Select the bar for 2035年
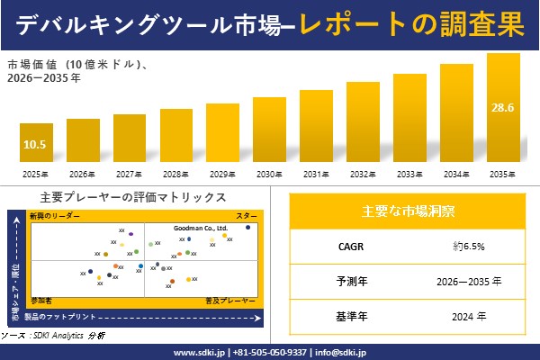coord(503,108)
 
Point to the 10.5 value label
coord(35,144)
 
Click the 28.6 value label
coord(502,108)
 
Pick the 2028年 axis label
coord(175,174)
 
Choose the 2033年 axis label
coord(409,174)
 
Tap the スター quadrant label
coord(247,217)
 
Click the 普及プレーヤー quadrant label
coord(230,298)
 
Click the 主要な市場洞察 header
coord(408,211)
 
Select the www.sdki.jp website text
coord(199,351)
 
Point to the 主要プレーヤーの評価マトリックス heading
coord(133,196)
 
